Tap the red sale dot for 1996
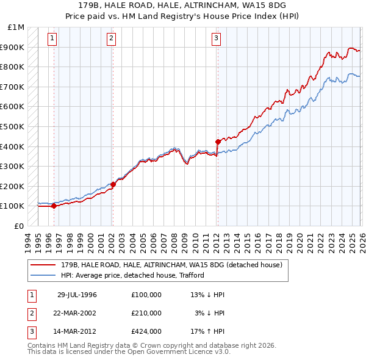tap(54, 206)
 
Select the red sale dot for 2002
tap(113, 184)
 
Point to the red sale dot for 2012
tap(218, 142)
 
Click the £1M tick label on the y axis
tap(16, 27)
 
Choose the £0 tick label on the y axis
tap(18, 226)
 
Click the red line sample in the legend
tap(43, 265)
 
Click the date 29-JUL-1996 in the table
tap(77, 295)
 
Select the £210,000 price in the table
tap(146, 313)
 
